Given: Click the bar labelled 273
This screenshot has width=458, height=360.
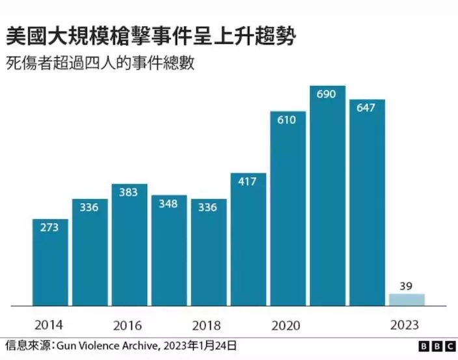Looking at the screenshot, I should (50, 262).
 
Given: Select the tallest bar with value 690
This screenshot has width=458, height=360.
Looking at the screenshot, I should (327, 195).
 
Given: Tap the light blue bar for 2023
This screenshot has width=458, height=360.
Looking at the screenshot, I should (407, 299).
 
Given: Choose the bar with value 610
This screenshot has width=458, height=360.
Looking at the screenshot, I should (288, 208).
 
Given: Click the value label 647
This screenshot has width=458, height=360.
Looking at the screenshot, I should (367, 108).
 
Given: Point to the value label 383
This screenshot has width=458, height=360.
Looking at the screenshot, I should (129, 193).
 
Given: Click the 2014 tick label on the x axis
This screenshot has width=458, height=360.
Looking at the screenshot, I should (49, 325).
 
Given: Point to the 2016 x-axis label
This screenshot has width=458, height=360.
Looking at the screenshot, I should (129, 325).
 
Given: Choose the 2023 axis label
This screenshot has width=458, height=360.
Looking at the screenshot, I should (405, 325).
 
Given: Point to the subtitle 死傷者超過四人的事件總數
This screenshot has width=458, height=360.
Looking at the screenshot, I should (101, 64).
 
